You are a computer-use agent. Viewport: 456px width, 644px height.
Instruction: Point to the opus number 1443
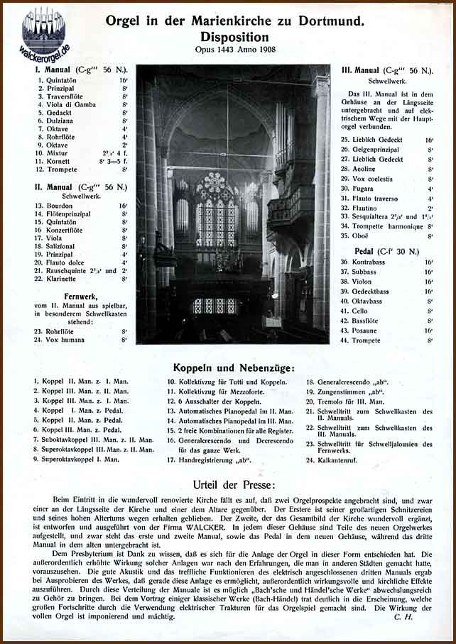[229, 50]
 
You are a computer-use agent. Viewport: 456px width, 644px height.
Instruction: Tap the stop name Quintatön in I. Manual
[62, 81]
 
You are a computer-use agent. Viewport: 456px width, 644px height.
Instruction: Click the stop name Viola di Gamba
[70, 104]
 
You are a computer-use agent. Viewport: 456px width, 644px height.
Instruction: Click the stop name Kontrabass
[375, 262]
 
